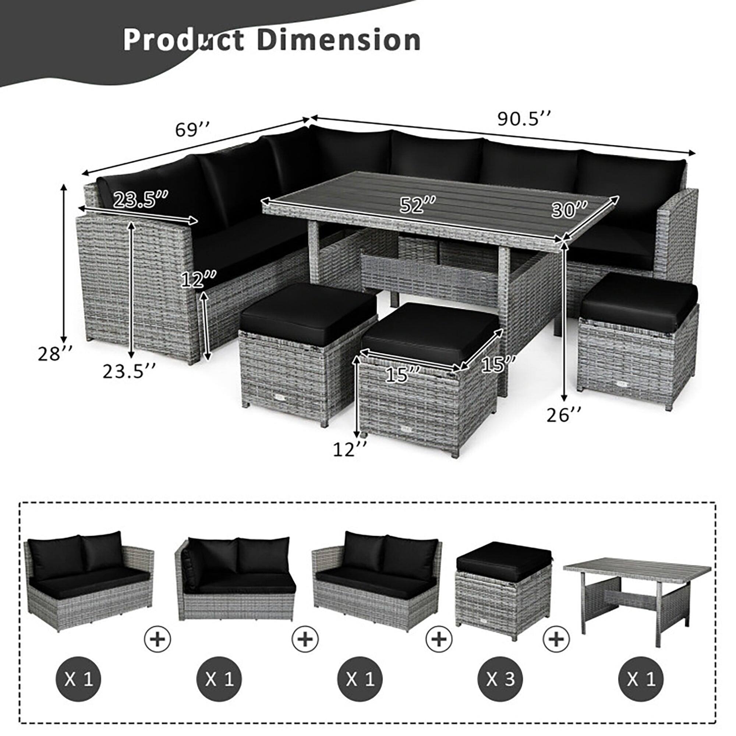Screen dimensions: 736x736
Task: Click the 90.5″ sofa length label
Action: [524, 119]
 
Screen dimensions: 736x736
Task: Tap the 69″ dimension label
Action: [193, 130]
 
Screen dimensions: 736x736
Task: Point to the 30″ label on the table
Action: [570, 209]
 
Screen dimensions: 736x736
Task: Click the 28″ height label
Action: [55, 354]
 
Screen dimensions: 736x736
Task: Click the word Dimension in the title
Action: [339, 40]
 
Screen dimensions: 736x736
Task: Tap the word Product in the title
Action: [183, 40]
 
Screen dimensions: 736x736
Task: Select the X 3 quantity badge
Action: [500, 679]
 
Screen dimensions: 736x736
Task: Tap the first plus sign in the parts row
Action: [158, 638]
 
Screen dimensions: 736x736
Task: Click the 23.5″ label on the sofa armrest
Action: [140, 199]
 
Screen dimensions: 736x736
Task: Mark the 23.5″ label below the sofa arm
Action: [129, 371]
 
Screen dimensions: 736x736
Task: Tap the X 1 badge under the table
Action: [641, 679]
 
